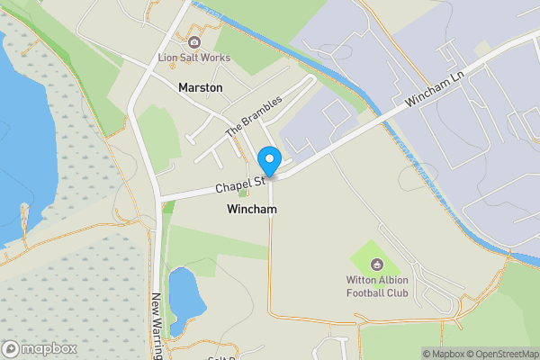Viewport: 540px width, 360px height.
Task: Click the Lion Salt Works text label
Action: tap(194, 58)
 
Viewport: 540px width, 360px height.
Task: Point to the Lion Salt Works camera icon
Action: tap(193, 42)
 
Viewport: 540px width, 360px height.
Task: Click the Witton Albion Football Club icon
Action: tap(377, 265)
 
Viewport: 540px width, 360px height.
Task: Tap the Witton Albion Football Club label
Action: tap(378, 286)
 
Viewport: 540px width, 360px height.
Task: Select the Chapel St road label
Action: tap(238, 186)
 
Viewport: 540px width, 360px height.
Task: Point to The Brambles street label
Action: tap(254, 115)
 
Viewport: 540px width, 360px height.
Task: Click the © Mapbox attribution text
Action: tap(443, 354)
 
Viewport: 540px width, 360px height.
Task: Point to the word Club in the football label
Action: tap(397, 292)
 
